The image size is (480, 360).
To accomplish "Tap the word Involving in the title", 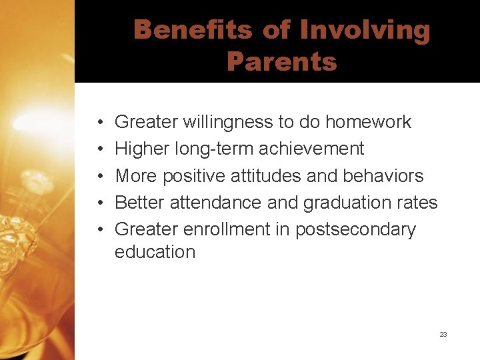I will click(365, 31).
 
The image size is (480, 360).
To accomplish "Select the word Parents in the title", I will click(281, 62).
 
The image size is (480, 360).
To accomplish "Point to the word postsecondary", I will click(355, 230).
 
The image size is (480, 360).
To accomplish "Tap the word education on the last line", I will click(155, 252).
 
